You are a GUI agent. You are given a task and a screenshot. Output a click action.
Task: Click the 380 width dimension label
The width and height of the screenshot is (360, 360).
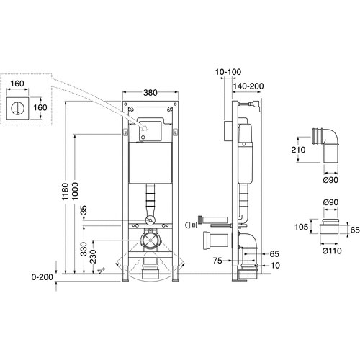tap(150, 93)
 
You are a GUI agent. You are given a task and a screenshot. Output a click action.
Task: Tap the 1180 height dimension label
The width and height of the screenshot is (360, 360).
tap(66, 192)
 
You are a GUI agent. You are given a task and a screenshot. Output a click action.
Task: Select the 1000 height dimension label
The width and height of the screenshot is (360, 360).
tap(75, 192)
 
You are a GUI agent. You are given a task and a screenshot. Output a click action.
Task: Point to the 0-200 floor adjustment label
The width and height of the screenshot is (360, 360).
tap(42, 277)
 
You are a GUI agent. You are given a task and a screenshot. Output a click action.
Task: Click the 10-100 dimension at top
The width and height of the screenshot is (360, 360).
tap(228, 72)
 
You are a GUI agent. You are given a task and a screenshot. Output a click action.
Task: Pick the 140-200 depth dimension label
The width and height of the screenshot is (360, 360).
tap(248, 86)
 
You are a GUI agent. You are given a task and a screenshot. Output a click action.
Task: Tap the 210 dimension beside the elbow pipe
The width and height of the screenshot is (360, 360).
tap(298, 150)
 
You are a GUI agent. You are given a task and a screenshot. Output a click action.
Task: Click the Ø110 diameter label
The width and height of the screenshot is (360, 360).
tap(332, 251)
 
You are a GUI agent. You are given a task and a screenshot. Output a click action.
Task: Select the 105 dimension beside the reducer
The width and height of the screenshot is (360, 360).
tap(301, 227)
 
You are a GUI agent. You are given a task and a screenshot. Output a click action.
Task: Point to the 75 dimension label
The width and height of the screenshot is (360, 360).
tap(217, 261)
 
